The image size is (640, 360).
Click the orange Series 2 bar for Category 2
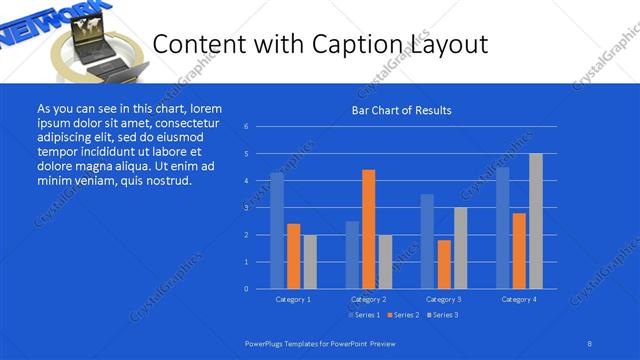point(368,229)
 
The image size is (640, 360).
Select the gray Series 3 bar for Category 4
point(536,221)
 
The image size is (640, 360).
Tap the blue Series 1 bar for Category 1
point(277,230)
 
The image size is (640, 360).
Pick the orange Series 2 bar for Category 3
point(444,264)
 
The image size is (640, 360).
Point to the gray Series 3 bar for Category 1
point(310,261)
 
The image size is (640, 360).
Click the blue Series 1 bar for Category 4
point(502,227)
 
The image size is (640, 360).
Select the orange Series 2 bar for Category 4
point(519,250)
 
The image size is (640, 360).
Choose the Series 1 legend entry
point(363,315)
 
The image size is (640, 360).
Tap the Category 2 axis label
point(368,299)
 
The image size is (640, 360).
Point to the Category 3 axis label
point(443,299)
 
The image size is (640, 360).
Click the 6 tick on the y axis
point(246,127)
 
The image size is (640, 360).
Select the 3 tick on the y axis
point(246,208)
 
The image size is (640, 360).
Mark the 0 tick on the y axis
point(246,289)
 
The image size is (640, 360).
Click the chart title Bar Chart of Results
point(401,110)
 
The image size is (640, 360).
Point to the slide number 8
point(590,342)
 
